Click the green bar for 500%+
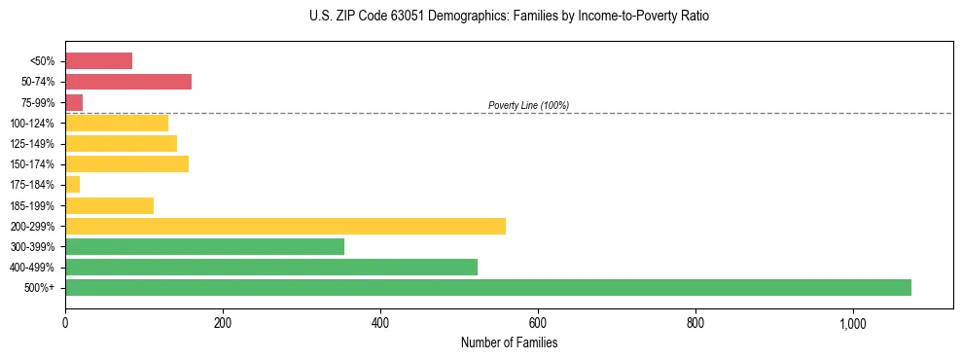click(487, 287)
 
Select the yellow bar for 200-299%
click(285, 226)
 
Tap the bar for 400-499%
click(271, 267)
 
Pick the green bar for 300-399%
click(204, 246)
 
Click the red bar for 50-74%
click(128, 81)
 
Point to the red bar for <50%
click(98, 60)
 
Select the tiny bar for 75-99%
click(74, 102)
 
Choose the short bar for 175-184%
click(72, 184)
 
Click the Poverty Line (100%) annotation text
click(528, 105)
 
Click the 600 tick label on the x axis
click(538, 322)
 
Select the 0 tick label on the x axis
click(65, 322)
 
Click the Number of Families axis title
click(509, 342)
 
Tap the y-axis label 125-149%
click(33, 144)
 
